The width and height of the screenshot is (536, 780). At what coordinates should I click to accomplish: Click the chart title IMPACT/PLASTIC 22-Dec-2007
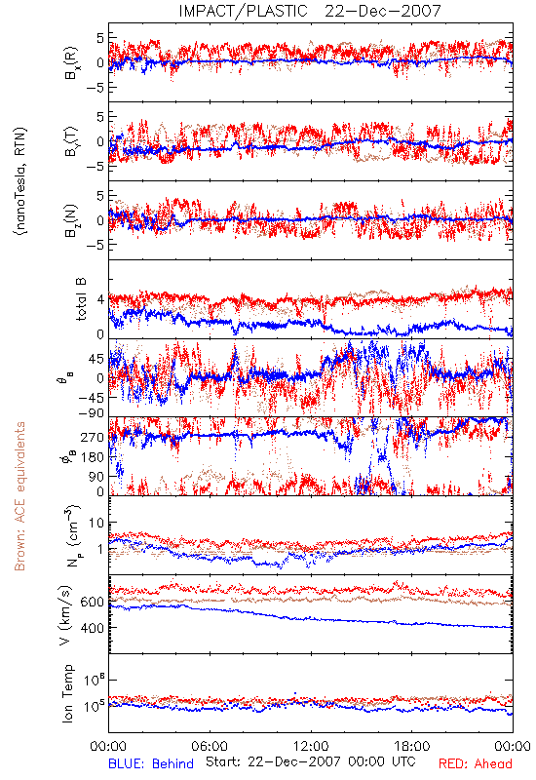310,11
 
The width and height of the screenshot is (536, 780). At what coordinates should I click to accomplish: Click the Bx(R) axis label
70,62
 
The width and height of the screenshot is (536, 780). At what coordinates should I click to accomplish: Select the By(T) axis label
70,141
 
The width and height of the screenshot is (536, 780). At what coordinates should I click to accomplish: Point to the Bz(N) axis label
70,220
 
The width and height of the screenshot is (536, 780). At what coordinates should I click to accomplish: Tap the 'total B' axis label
80,299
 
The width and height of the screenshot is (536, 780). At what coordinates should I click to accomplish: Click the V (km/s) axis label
65,615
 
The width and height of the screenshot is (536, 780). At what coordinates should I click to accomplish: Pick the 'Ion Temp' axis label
67,693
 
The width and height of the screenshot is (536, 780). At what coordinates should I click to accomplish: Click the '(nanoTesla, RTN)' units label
20,181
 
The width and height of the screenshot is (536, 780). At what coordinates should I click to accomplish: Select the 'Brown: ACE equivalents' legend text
19,496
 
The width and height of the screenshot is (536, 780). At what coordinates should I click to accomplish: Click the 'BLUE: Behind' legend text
151,764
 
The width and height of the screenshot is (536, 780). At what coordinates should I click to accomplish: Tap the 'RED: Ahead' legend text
475,764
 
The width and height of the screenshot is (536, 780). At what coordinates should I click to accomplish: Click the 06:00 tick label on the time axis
210,746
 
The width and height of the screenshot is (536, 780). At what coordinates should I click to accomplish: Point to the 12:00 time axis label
311,746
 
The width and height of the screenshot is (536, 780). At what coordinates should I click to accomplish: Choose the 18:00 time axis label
411,746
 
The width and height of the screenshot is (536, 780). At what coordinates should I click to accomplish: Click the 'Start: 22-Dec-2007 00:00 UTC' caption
311,761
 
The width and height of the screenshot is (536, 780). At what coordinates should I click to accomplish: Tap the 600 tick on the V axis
92,602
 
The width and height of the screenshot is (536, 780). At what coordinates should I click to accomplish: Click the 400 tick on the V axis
92,628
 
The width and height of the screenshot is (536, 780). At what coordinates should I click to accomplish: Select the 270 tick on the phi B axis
93,437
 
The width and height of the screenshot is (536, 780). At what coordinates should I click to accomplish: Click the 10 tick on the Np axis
96,523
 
